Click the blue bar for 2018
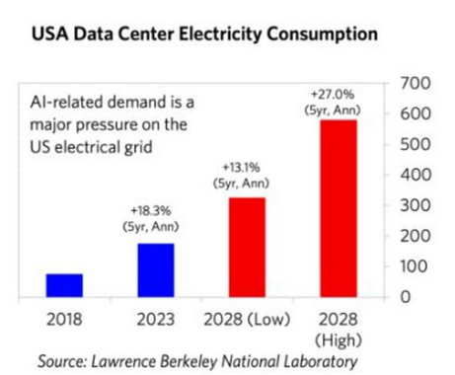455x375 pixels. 63,284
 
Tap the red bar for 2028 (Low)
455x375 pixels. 248,247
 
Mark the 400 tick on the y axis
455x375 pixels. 419,175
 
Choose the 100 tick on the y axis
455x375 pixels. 419,265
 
